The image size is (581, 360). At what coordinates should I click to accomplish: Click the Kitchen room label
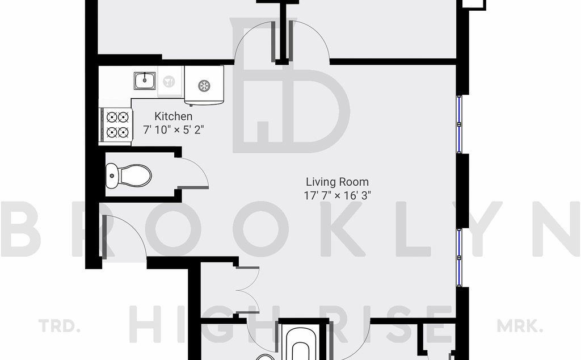point(173,116)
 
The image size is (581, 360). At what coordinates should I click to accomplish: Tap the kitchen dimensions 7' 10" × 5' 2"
point(174,130)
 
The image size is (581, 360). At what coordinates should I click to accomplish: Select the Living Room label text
point(337,182)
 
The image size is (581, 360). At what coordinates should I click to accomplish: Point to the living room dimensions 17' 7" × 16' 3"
point(337,195)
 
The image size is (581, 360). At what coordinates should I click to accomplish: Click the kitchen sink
point(145,81)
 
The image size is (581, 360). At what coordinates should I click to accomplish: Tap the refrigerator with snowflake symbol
point(204,85)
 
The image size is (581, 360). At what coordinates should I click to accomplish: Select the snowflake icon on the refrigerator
point(204,86)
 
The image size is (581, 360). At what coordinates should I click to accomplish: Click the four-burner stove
point(116,124)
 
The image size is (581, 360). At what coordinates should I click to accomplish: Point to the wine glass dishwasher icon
point(169,81)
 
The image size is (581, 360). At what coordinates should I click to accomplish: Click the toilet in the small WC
point(129,175)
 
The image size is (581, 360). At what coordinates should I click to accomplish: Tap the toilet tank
point(112,175)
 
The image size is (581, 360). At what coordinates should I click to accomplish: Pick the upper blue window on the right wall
point(460,124)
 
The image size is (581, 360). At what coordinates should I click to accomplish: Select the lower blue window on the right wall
point(460,258)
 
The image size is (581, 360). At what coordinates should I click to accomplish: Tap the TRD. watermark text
point(59,326)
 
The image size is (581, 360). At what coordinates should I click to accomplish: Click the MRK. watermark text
point(520,326)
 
